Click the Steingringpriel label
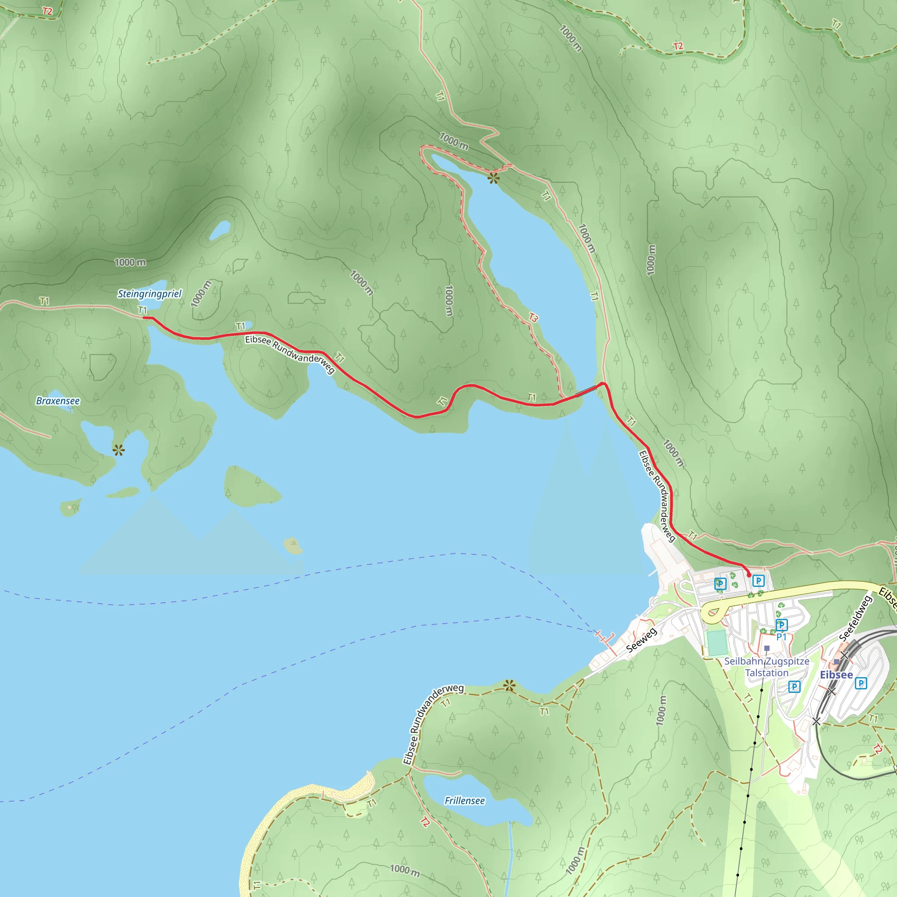pos(149,294)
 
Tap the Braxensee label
pos(58,401)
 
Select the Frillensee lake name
pos(464,801)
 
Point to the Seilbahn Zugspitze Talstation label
pos(766,667)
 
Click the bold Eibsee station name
pos(836,675)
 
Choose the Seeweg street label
pos(641,640)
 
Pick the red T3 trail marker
pos(533,318)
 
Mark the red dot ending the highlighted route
pos(749,575)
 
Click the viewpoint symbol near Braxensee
pos(118,449)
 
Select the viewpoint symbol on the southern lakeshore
pos(509,685)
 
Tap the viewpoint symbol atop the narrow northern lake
pos(493,177)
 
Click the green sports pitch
pos(717,643)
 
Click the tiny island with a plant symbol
pos(293,546)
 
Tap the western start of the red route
pos(144,318)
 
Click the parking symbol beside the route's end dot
pos(758,580)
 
